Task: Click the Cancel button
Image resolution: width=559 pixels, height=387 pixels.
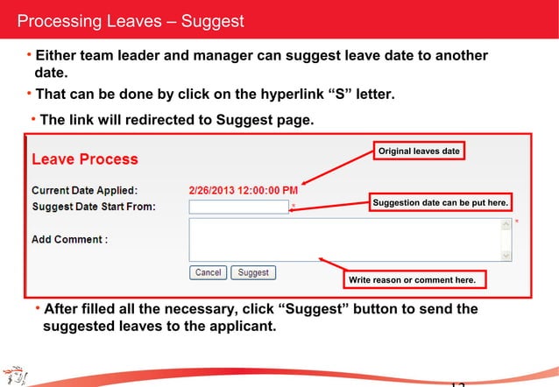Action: click(x=208, y=272)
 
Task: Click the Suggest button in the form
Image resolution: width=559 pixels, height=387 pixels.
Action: click(x=253, y=272)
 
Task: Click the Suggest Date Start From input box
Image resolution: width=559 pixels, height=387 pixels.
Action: click(x=238, y=207)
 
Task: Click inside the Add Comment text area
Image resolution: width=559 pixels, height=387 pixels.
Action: click(x=345, y=239)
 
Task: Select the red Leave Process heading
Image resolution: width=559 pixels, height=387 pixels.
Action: click(x=85, y=159)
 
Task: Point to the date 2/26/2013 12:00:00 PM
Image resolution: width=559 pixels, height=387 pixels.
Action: click(x=243, y=189)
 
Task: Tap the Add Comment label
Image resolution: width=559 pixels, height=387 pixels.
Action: click(x=69, y=238)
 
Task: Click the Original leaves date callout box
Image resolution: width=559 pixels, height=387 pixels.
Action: click(x=419, y=151)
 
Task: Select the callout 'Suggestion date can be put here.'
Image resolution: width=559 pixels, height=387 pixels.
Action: click(x=440, y=203)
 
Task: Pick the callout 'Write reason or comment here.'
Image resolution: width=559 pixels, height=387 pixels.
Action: click(x=412, y=280)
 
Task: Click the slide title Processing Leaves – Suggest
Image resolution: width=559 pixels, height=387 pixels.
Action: click(x=131, y=20)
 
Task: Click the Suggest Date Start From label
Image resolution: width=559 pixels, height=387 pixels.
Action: click(x=94, y=207)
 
